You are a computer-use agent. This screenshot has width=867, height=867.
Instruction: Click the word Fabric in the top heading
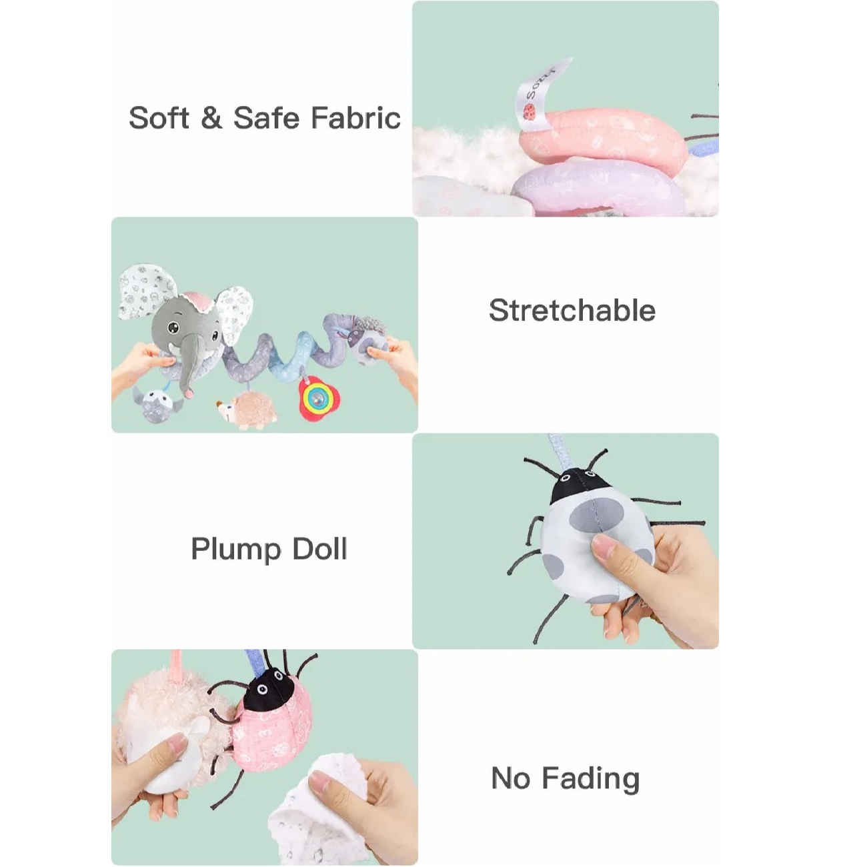[x=355, y=118]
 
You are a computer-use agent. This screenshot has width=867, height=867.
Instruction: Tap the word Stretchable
[x=572, y=310]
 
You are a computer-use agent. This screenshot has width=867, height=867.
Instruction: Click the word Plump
[x=236, y=550]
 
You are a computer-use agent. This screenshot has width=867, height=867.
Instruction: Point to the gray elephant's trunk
[x=189, y=364]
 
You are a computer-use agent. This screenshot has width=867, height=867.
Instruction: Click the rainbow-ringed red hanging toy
[x=319, y=397]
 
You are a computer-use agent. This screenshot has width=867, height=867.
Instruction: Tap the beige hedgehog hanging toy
[x=247, y=409]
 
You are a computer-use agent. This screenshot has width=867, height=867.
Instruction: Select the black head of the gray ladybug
[x=577, y=486]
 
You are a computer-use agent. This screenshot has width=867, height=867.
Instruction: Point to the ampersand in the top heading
[x=211, y=118]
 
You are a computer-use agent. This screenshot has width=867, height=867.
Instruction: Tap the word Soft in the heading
[x=158, y=118]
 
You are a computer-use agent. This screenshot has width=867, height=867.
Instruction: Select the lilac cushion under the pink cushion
[x=598, y=187]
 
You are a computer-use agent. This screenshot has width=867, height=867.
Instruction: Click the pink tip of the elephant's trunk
[x=189, y=393]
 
